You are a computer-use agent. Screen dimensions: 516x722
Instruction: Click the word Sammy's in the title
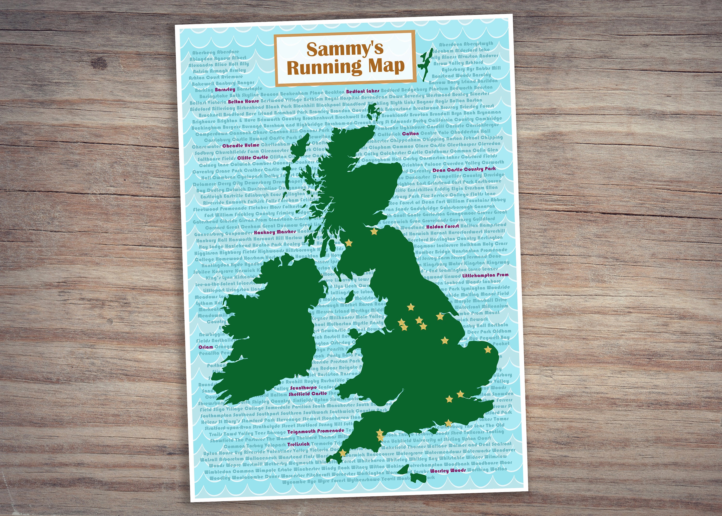[345, 49]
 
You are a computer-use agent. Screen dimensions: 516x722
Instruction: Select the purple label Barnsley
[225, 89]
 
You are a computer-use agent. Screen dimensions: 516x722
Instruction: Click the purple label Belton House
[243, 101]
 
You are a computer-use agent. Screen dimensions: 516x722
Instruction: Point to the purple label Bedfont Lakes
[363, 91]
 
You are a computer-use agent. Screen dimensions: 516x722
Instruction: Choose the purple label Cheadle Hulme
[241, 146]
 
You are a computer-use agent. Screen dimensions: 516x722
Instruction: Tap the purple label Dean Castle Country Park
[464, 169]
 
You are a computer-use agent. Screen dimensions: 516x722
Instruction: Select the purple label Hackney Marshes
[275, 232]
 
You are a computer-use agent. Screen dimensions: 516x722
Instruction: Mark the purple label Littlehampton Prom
[485, 275]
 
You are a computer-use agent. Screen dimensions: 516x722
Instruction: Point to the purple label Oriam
[206, 347]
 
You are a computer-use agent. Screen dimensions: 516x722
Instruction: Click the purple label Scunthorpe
[303, 388]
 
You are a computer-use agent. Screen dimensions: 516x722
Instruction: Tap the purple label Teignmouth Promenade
[316, 431]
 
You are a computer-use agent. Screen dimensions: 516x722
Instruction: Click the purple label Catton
[410, 134]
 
